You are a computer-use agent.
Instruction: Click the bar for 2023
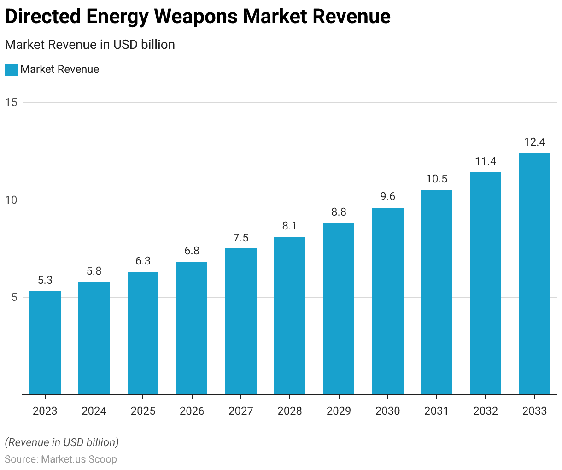(45, 343)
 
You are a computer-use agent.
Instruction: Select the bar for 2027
(241, 322)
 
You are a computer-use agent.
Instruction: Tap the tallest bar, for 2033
(534, 274)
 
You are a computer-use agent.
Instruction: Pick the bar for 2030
(388, 301)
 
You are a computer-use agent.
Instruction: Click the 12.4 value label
(534, 142)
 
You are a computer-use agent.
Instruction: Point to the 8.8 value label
(339, 212)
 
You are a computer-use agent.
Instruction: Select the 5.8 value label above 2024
(94, 271)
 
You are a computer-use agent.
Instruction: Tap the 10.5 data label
(437, 179)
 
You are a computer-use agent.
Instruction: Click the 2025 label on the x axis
(143, 411)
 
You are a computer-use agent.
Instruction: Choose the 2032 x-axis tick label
(486, 411)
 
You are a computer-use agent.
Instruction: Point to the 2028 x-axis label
(290, 411)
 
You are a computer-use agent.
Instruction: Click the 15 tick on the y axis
(11, 102)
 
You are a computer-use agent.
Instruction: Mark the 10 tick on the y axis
(11, 200)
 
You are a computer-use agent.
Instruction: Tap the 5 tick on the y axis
(14, 298)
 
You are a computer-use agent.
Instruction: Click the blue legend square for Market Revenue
(11, 70)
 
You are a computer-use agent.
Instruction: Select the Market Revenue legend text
(60, 70)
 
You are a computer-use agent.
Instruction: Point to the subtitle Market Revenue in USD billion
(90, 45)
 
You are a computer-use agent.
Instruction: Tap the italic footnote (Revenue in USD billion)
(62, 442)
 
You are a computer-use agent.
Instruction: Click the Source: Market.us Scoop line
(61, 459)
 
